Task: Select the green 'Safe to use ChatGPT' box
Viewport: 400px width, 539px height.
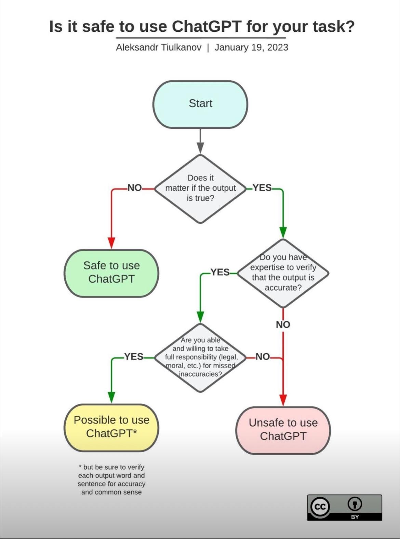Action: [x=111, y=273]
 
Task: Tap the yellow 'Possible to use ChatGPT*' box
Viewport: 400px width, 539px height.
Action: [x=111, y=427]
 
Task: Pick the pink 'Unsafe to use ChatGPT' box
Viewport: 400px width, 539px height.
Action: [x=283, y=430]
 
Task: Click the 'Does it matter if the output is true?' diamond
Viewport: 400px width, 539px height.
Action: [x=200, y=188]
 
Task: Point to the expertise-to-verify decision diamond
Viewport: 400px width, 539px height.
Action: [x=283, y=273]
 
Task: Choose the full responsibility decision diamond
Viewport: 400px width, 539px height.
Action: [x=200, y=357]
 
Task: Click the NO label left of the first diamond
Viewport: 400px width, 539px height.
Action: [x=134, y=188]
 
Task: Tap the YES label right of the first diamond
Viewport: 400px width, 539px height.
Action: [x=262, y=188]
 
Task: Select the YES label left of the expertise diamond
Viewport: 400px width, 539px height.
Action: [x=220, y=272]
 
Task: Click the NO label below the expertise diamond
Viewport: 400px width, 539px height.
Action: [x=283, y=324]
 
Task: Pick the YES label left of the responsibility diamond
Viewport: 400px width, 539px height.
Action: [x=134, y=357]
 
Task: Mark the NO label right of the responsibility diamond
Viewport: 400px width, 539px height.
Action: [x=263, y=357]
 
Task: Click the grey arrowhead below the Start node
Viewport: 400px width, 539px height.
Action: [x=200, y=148]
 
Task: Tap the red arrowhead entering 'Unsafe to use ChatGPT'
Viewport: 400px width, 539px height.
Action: [x=283, y=400]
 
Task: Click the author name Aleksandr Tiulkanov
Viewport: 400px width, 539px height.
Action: [x=159, y=47]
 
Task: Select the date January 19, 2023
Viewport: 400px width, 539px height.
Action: [x=251, y=47]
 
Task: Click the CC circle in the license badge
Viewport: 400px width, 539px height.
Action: [x=320, y=507]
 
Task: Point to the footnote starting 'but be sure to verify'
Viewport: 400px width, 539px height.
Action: [x=111, y=479]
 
